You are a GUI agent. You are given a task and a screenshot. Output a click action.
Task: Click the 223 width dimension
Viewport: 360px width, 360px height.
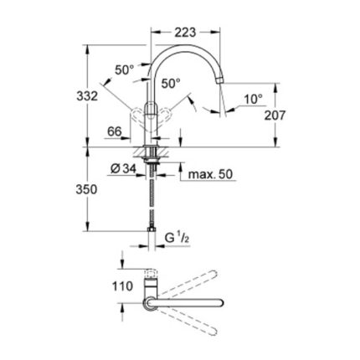tap(185, 33)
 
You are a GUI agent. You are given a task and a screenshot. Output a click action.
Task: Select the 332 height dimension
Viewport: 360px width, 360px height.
tap(87, 96)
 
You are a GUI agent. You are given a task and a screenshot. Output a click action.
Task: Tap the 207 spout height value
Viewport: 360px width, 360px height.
tap(275, 115)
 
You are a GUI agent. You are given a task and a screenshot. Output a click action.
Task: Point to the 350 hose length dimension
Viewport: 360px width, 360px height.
tap(86, 190)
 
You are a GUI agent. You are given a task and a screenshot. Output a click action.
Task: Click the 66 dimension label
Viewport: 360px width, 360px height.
tap(115, 131)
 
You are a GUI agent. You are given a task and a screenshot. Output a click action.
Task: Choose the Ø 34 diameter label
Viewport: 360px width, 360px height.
tap(123, 168)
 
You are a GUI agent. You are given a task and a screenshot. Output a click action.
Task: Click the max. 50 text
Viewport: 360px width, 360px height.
tap(210, 174)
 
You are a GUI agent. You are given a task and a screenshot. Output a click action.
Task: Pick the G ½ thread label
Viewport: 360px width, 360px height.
tap(177, 238)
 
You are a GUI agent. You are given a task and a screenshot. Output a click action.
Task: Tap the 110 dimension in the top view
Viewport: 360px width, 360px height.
tap(122, 286)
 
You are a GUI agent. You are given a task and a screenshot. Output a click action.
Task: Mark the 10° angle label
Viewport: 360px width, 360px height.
tap(254, 99)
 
